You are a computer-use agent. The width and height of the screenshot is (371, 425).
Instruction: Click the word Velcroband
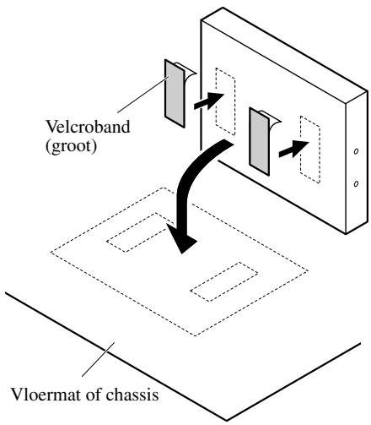click(x=88, y=127)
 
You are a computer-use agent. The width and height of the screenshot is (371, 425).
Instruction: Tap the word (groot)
click(x=71, y=146)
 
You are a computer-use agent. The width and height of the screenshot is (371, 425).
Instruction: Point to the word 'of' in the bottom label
click(x=93, y=395)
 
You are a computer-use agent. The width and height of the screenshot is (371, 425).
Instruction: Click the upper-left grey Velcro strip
click(x=175, y=94)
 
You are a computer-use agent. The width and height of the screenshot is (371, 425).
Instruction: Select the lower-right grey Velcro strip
click(x=259, y=141)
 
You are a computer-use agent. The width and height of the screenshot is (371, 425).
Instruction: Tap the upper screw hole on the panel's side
click(x=356, y=151)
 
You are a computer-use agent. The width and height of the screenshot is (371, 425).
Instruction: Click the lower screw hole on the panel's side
click(x=356, y=184)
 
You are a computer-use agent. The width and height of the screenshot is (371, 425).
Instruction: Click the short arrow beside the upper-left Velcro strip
click(x=208, y=101)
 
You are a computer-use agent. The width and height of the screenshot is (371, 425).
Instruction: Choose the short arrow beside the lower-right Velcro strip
click(x=293, y=149)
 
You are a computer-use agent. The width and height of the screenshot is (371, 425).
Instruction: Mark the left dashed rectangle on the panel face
click(x=225, y=101)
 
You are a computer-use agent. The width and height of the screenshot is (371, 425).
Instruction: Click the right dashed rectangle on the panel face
click(x=310, y=150)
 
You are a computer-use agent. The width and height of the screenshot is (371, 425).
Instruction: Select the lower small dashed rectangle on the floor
click(x=224, y=281)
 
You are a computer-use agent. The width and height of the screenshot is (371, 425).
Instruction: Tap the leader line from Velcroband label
click(x=143, y=95)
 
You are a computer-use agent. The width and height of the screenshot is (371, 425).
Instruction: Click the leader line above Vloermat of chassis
click(x=99, y=359)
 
